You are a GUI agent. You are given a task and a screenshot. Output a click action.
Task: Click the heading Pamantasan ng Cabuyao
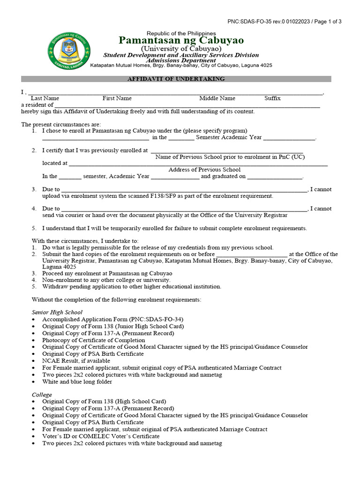click(x=181, y=40)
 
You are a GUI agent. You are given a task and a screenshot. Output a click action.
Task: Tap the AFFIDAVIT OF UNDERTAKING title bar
click(x=176, y=79)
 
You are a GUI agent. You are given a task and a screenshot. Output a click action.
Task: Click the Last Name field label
click(x=45, y=98)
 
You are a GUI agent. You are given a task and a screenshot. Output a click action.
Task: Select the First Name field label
click(x=117, y=98)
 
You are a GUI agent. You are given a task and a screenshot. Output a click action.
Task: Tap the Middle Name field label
click(x=217, y=98)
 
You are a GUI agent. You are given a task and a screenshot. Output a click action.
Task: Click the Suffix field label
click(x=272, y=98)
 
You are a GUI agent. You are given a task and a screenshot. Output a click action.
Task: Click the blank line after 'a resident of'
click(x=187, y=106)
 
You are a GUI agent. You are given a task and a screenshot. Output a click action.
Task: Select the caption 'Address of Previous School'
click(x=204, y=170)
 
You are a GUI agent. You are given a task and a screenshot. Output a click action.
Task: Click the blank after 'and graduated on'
click(x=275, y=178)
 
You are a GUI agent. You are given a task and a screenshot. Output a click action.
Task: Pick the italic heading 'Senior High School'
click(x=57, y=312)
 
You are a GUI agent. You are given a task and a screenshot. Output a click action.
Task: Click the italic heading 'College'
click(x=42, y=395)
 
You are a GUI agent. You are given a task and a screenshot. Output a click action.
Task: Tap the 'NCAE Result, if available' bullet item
click(x=76, y=361)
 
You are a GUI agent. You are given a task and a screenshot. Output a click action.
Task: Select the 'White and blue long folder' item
click(x=77, y=382)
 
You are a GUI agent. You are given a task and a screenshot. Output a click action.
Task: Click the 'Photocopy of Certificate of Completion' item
click(x=93, y=340)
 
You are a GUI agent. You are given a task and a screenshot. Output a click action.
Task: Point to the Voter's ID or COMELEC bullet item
click(x=101, y=436)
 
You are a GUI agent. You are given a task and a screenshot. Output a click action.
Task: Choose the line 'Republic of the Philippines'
click(x=181, y=33)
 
